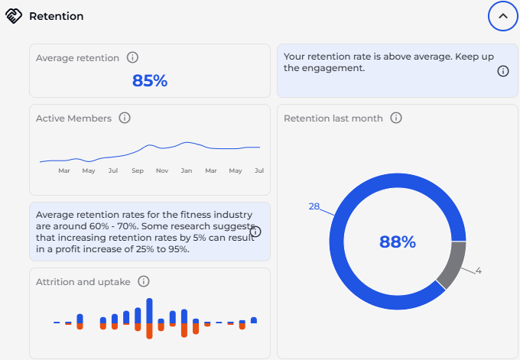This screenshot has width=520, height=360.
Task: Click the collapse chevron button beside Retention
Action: tap(502, 15)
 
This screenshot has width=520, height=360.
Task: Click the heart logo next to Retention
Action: tap(14, 16)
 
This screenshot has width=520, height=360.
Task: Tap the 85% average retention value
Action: tap(150, 80)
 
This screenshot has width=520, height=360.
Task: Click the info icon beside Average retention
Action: tap(132, 57)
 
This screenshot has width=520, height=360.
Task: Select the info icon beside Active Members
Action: tap(125, 118)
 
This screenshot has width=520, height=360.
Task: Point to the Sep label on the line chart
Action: tap(137, 170)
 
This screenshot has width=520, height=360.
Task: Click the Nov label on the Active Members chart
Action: tap(161, 170)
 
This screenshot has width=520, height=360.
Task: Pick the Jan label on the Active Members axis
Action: tap(186, 170)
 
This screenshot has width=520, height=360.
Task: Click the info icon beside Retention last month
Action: tap(396, 118)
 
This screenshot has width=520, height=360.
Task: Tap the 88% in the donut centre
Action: tap(398, 242)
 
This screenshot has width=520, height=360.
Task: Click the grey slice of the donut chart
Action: tap(454, 264)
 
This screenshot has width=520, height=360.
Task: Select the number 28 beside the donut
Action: tap(314, 206)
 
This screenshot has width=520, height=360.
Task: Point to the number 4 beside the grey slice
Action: tap(478, 270)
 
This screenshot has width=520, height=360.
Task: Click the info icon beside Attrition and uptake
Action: tap(144, 281)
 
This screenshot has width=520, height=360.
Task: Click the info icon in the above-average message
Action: tap(503, 71)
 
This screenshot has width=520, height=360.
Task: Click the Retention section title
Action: tap(57, 16)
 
